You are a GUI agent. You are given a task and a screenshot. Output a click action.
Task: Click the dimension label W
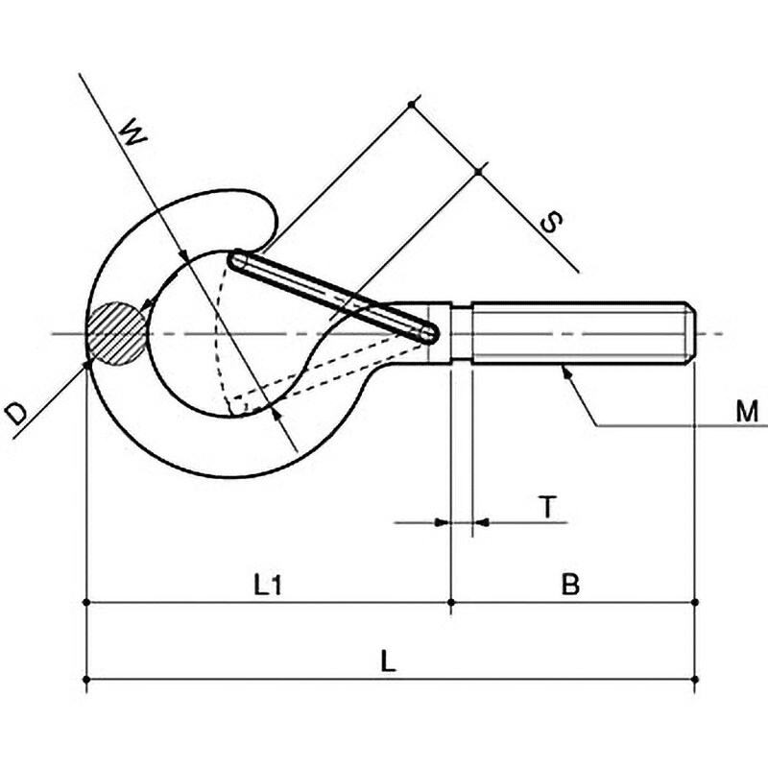click(x=133, y=132)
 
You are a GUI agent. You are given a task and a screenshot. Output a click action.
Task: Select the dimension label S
click(x=551, y=222)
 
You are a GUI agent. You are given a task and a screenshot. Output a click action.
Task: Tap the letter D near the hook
click(x=15, y=413)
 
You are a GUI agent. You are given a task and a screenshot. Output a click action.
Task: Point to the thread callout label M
click(x=747, y=412)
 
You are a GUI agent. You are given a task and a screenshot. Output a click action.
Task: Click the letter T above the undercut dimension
click(x=548, y=507)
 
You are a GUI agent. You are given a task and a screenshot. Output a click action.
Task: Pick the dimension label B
click(x=570, y=584)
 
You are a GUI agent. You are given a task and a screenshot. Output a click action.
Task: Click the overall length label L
click(x=388, y=661)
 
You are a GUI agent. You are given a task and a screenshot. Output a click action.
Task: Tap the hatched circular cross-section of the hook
click(x=116, y=333)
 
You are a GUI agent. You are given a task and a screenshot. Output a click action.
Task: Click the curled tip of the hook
click(x=267, y=215)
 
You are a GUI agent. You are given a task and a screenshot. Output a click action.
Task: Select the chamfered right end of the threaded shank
click(x=689, y=334)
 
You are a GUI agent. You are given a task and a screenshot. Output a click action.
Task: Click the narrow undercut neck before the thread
click(x=461, y=334)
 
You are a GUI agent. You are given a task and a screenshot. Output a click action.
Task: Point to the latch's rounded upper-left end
click(x=236, y=259)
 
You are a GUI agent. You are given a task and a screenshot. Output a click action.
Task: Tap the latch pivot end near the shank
click(x=427, y=333)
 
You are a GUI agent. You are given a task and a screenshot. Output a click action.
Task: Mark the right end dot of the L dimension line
click(x=695, y=680)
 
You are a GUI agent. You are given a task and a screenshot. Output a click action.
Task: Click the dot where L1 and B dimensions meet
click(x=451, y=602)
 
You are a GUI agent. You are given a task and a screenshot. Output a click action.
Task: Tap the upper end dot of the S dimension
click(x=412, y=104)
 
